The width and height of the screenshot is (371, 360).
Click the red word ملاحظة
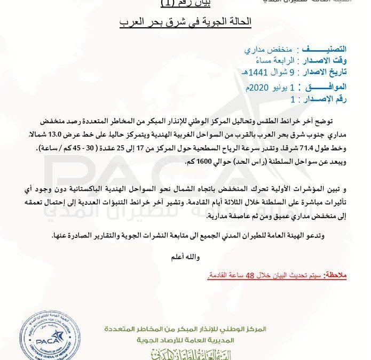coord(335,275)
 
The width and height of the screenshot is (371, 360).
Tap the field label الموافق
coord(327,87)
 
